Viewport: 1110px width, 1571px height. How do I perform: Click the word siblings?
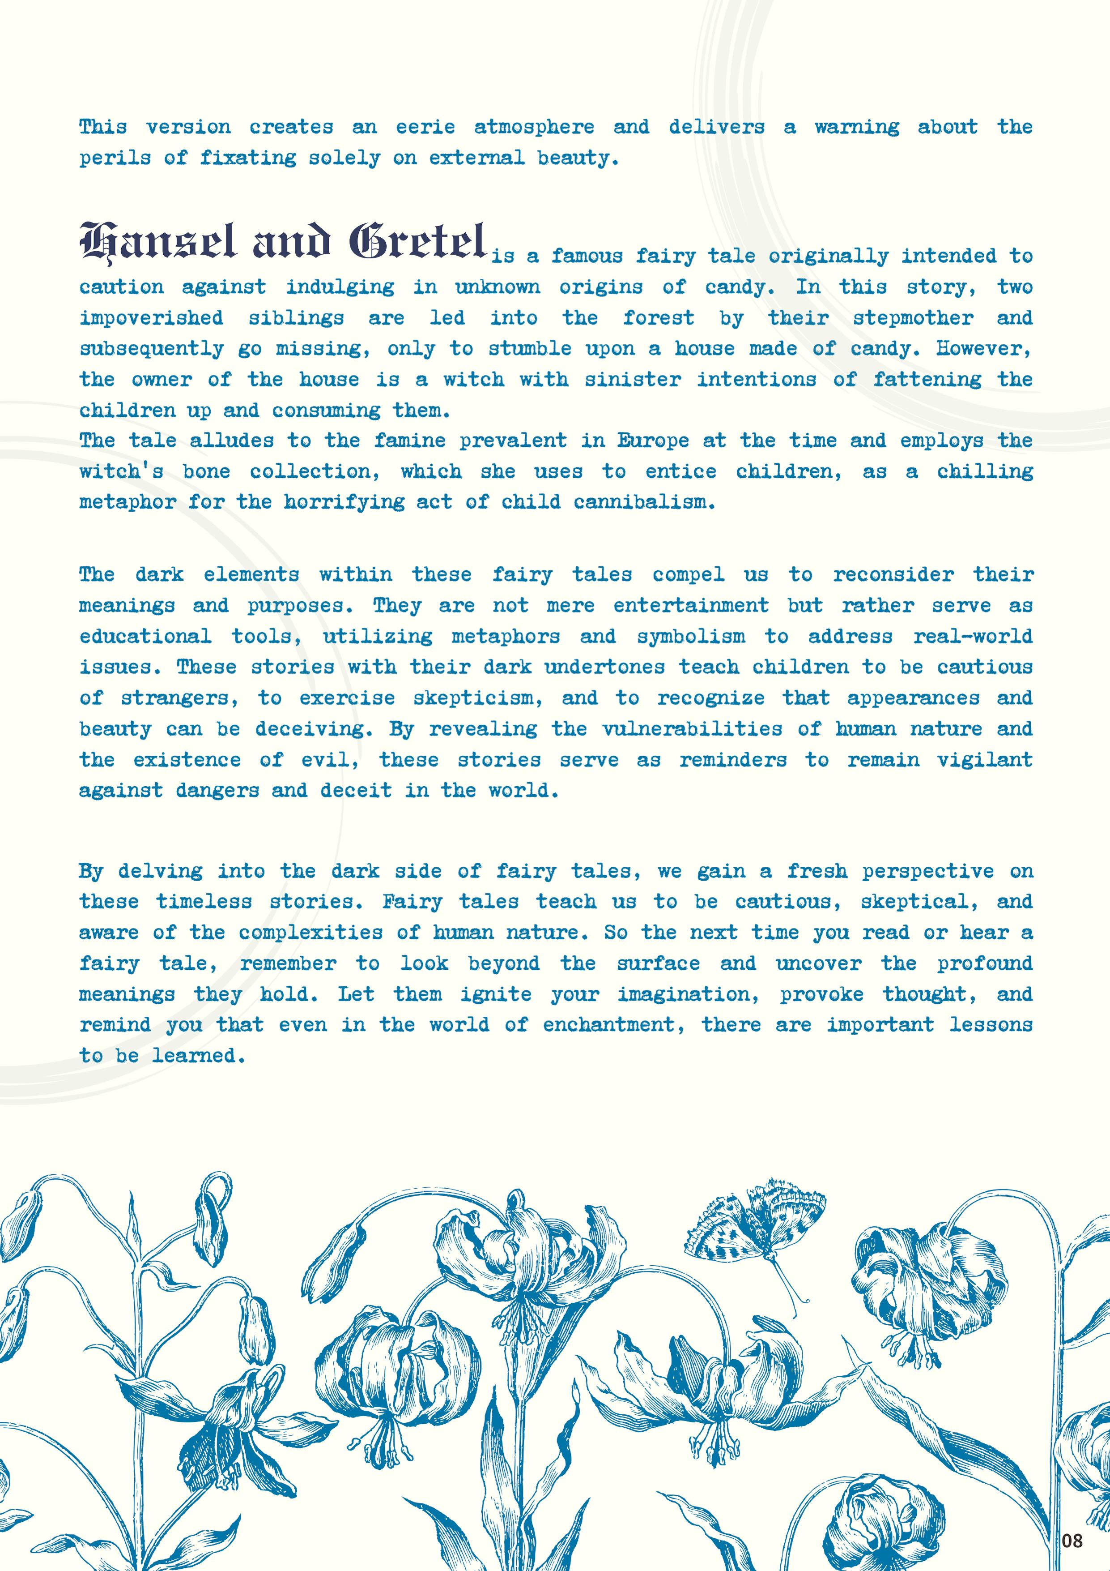[296, 319]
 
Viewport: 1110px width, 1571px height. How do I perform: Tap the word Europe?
[653, 441]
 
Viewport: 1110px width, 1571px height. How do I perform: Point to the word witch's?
[122, 471]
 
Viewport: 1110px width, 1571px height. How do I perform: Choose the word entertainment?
[691, 606]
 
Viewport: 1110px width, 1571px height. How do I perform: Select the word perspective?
[927, 872]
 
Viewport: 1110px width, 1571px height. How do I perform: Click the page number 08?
[1072, 1540]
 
